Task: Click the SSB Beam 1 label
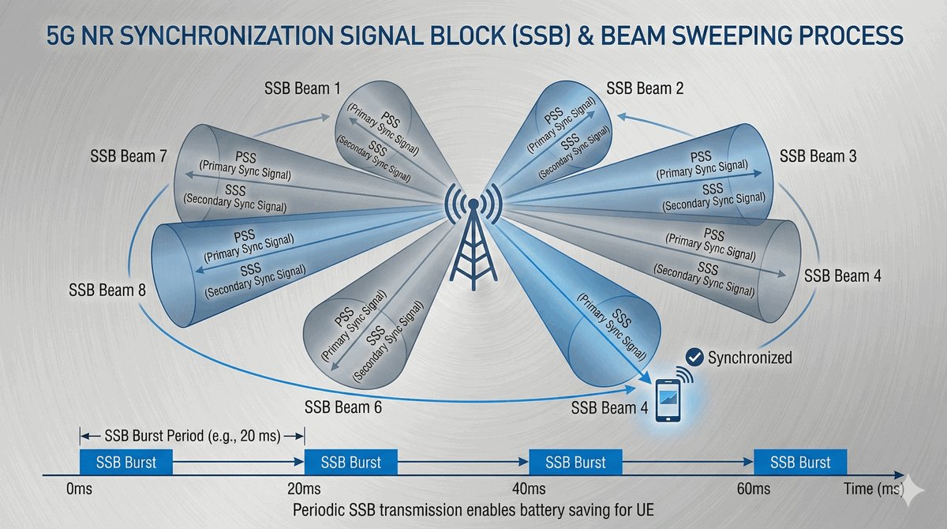click(302, 88)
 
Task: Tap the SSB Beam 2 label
click(645, 88)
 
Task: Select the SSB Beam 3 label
click(818, 156)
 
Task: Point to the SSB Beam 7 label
click(129, 156)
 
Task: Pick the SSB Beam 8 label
click(107, 291)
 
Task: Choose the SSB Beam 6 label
click(342, 407)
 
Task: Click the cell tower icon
click(473, 237)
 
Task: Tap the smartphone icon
click(668, 400)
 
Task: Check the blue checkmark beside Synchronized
click(694, 358)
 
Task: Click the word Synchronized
click(750, 358)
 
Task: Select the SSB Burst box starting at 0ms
click(126, 462)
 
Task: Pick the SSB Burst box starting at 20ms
click(351, 462)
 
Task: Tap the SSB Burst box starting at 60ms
click(800, 462)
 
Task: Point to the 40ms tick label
click(529, 490)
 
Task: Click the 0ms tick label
click(79, 490)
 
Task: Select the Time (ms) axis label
click(874, 490)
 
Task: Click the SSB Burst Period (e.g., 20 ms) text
click(193, 436)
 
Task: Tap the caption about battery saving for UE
click(473, 510)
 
